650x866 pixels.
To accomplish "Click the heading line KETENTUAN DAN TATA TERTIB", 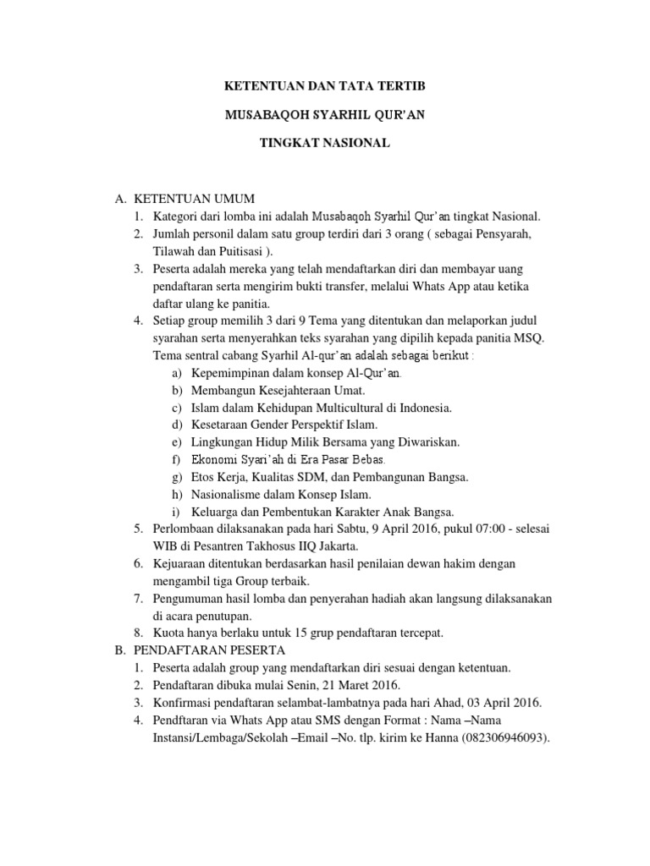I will (324, 86).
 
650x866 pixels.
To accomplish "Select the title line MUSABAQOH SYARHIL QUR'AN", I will (324, 115).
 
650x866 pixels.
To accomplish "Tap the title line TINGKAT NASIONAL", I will (324, 144).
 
